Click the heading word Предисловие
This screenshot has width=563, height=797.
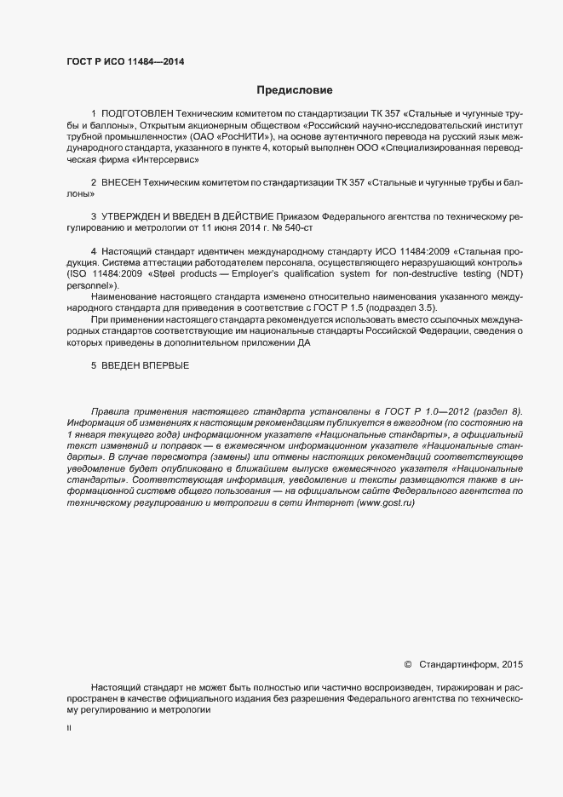[x=294, y=89]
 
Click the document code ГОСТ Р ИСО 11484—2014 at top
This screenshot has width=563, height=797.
[x=125, y=61]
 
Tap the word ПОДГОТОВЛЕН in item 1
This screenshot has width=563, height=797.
[x=138, y=113]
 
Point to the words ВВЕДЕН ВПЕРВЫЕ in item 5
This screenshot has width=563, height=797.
[x=146, y=365]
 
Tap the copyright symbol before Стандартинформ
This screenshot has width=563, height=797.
[x=407, y=664]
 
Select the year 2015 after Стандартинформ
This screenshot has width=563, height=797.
[x=514, y=664]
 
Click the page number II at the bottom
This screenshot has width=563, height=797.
[x=70, y=730]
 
